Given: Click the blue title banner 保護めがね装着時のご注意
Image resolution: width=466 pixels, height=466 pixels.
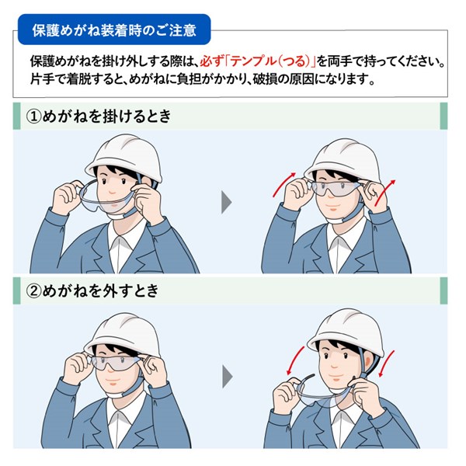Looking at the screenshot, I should [113, 31].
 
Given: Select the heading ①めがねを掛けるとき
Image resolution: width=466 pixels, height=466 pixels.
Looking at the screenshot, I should [99, 116].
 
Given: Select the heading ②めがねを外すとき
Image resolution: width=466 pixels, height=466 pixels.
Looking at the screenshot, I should [92, 293].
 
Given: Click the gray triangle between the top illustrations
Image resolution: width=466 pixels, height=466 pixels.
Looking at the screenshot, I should [227, 202].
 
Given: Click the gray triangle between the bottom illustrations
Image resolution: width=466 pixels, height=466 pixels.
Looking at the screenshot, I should [227, 377].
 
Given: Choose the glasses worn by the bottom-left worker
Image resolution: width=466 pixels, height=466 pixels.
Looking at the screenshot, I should [120, 364].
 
